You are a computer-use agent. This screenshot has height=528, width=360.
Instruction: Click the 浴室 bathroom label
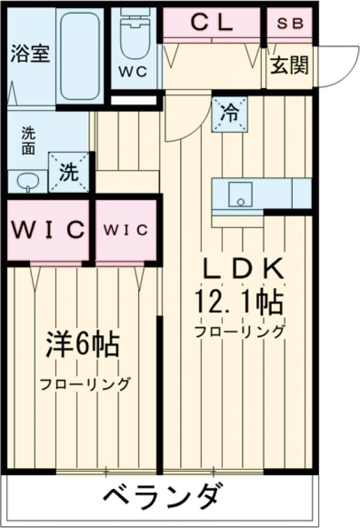pyautogui.click(x=29, y=54)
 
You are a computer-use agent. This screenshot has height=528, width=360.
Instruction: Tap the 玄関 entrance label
pyautogui.click(x=289, y=65)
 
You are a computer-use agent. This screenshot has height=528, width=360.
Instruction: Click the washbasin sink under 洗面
pyautogui.click(x=28, y=181)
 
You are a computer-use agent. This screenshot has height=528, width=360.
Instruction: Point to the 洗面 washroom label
pyautogui.click(x=28, y=141)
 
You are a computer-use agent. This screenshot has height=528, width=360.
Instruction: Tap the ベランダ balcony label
pyautogui.click(x=160, y=497)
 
